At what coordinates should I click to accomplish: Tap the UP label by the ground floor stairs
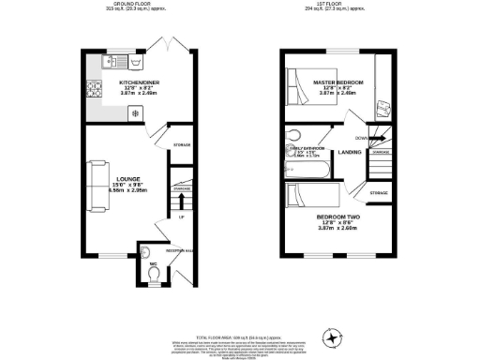coord(181,217)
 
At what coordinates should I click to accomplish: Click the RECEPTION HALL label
coord(179,251)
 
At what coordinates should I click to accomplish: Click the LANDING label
coord(351,152)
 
